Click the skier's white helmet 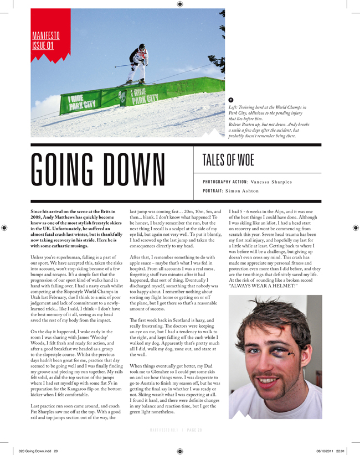142,47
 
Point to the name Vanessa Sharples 271,182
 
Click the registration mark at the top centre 179,4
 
